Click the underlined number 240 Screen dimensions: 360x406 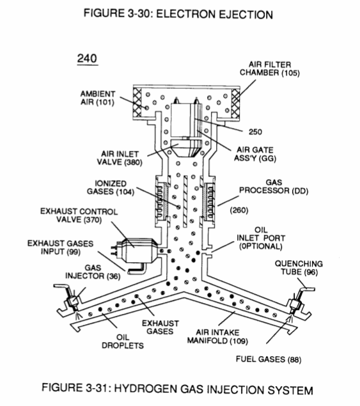[x=87, y=59]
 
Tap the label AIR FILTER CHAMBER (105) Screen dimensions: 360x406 [x=269, y=68]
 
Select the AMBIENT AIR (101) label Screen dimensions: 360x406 [x=97, y=98]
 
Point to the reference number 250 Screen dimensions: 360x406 [x=255, y=132]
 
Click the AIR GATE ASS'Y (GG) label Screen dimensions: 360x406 [x=255, y=154]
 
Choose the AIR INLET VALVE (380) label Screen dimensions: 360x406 [x=120, y=158]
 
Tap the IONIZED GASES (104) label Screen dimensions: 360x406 [x=111, y=187]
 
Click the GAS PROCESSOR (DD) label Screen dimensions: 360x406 [x=274, y=187]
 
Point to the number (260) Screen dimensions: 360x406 [x=239, y=210]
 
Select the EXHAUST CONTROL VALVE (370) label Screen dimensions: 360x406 [x=79, y=215]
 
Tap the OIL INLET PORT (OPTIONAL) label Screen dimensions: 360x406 [x=261, y=238]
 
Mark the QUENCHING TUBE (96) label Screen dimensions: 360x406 [x=299, y=268]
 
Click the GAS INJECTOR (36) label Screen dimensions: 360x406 [x=93, y=272]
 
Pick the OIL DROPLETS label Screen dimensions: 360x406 [x=123, y=341]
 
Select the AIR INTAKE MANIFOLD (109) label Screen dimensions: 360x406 [x=217, y=336]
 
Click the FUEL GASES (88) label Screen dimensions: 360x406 [x=269, y=359]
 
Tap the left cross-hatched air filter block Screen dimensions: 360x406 [x=137, y=102]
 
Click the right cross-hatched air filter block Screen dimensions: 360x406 [x=236, y=102]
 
